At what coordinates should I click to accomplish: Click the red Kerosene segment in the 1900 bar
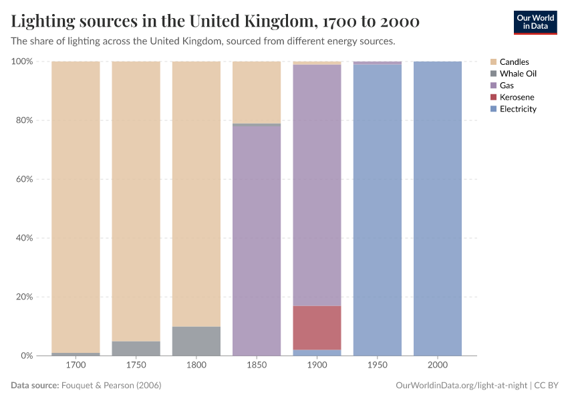(317, 327)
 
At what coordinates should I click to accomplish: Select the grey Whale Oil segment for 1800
(196, 341)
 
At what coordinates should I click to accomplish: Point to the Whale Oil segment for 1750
(136, 348)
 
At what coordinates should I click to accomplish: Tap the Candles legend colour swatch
(493, 62)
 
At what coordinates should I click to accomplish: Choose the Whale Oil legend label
(518, 74)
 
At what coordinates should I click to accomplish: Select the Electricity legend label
(518, 109)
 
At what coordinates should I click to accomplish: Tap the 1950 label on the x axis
(378, 366)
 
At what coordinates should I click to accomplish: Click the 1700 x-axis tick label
(76, 366)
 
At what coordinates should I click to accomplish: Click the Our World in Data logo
(535, 22)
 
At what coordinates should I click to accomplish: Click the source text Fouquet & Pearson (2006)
(111, 386)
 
